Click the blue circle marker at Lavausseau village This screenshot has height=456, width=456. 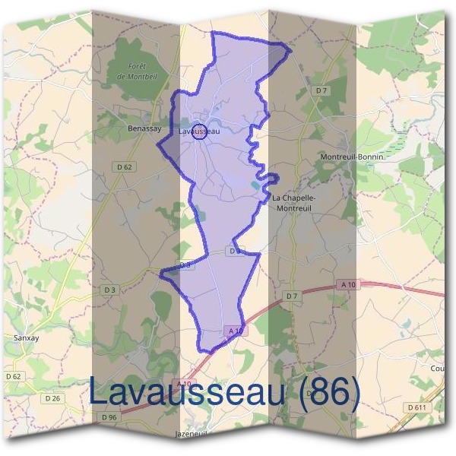click(199, 131)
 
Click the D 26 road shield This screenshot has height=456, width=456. click(52, 398)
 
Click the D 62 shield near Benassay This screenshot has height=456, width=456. click(125, 166)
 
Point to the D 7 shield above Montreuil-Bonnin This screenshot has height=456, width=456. click(321, 91)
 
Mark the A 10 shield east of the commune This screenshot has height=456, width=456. click(349, 284)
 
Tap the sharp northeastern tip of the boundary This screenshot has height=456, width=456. click(291, 49)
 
